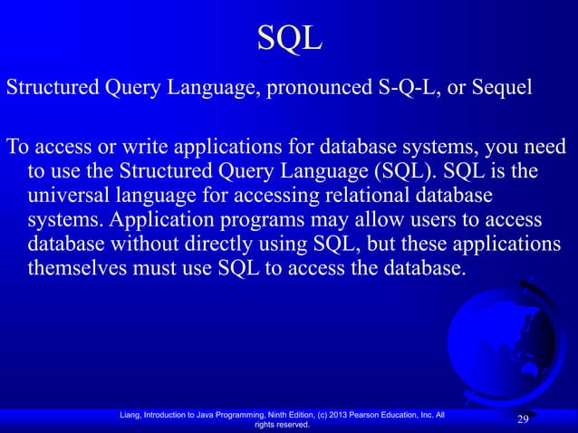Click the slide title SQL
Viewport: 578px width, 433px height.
coord(289,39)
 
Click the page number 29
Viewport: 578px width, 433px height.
coord(523,419)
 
